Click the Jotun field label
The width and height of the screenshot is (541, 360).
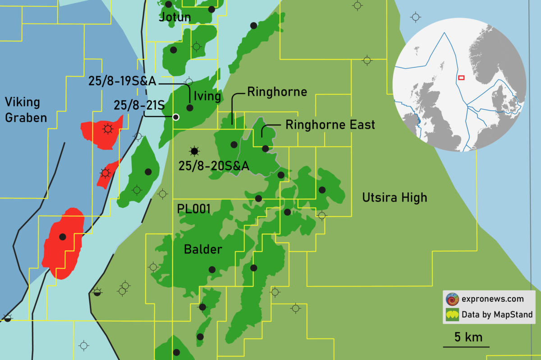coord(175,18)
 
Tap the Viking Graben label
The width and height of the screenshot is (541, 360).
coord(26,110)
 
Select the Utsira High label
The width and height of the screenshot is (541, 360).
coord(394,198)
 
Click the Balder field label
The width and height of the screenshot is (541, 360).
coord(203,249)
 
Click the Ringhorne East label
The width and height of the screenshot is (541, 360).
coord(330,125)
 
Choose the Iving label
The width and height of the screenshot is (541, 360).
coord(207,96)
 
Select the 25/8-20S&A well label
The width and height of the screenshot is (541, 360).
coord(214,166)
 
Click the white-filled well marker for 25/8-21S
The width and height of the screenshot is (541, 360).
coord(176,117)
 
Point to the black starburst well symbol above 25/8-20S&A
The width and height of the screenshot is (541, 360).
coord(194,150)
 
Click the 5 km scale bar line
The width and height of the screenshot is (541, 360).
coord(466,347)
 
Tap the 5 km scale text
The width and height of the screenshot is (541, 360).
coord(468,337)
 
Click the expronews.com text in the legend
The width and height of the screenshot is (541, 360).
coord(492,299)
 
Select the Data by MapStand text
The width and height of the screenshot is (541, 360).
coord(497,314)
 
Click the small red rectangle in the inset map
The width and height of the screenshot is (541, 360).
coord(461,78)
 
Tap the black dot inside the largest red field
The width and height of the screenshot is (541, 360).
coord(63,236)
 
